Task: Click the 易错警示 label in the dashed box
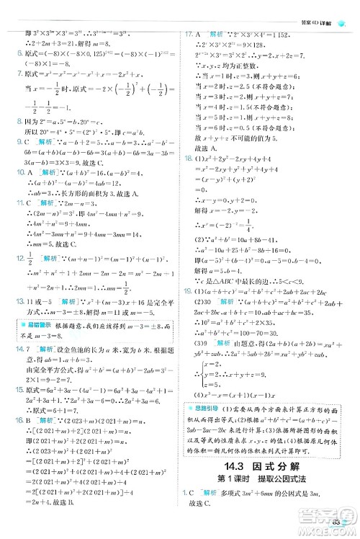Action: tap(28, 328)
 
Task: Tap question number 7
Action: tap(14, 75)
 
